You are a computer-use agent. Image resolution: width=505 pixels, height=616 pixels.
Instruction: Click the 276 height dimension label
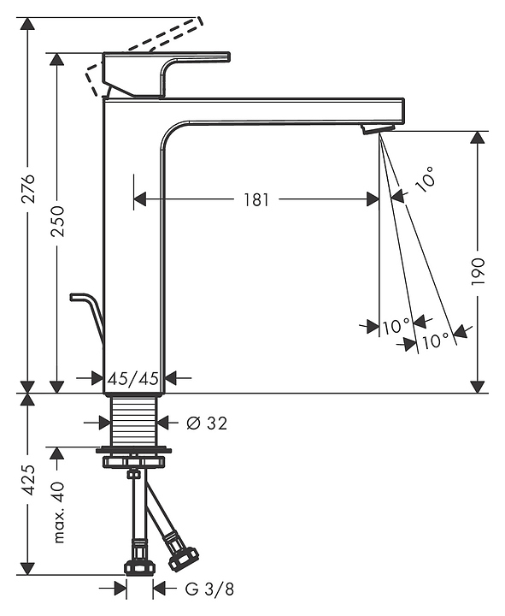pyautogui.click(x=28, y=188)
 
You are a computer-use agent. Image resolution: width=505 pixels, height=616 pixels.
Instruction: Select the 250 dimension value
pyautogui.click(x=58, y=221)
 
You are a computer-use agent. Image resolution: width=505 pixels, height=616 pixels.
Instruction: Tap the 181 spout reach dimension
pyautogui.click(x=256, y=199)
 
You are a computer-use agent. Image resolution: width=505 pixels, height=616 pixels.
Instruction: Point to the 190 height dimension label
pyautogui.click(x=478, y=272)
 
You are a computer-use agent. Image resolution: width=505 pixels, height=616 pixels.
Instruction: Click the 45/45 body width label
pyautogui.click(x=133, y=378)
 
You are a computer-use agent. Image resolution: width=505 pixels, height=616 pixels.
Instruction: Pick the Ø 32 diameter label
pyautogui.click(x=207, y=423)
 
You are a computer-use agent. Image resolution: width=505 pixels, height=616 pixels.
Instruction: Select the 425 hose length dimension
pyautogui.click(x=28, y=480)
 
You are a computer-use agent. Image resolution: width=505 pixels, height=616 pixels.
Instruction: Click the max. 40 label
pyautogui.click(x=58, y=512)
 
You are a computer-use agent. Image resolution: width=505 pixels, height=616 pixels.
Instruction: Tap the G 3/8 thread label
pyautogui.click(x=209, y=589)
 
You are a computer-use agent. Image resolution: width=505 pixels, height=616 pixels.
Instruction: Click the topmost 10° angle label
pyautogui.click(x=425, y=179)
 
